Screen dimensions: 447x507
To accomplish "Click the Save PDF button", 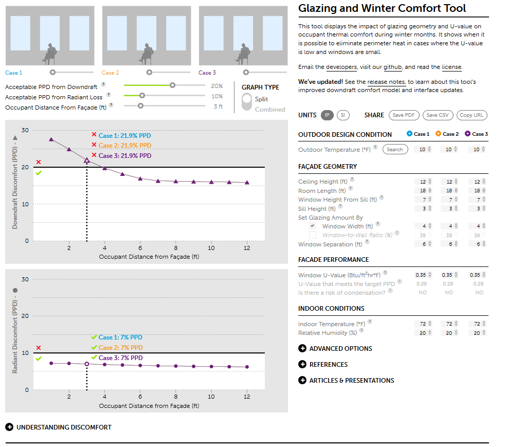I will tap(404, 115).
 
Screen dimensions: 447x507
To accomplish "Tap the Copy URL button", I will tap(472, 115).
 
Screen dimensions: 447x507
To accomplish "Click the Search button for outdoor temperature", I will tap(395, 150).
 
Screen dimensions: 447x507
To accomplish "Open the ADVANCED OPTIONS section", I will tap(302, 349).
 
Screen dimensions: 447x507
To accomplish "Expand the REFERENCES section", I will tap(302, 365).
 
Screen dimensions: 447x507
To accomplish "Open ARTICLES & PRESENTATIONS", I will tap(302, 381).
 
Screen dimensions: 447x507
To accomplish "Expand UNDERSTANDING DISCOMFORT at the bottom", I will tap(9, 427).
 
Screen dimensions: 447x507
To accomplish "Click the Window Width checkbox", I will tap(313, 226).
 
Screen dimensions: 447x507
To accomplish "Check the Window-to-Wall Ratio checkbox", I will tap(313, 235).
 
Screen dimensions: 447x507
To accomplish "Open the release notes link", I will tap(386, 82).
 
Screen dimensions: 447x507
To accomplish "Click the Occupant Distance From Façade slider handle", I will tap(140, 106).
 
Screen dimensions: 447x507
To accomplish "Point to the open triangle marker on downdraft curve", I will tap(86, 160).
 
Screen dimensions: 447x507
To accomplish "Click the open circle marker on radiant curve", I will tap(86, 364).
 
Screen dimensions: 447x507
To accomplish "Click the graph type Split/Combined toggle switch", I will tap(247, 102).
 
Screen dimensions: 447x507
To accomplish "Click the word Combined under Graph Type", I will tap(270, 110).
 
